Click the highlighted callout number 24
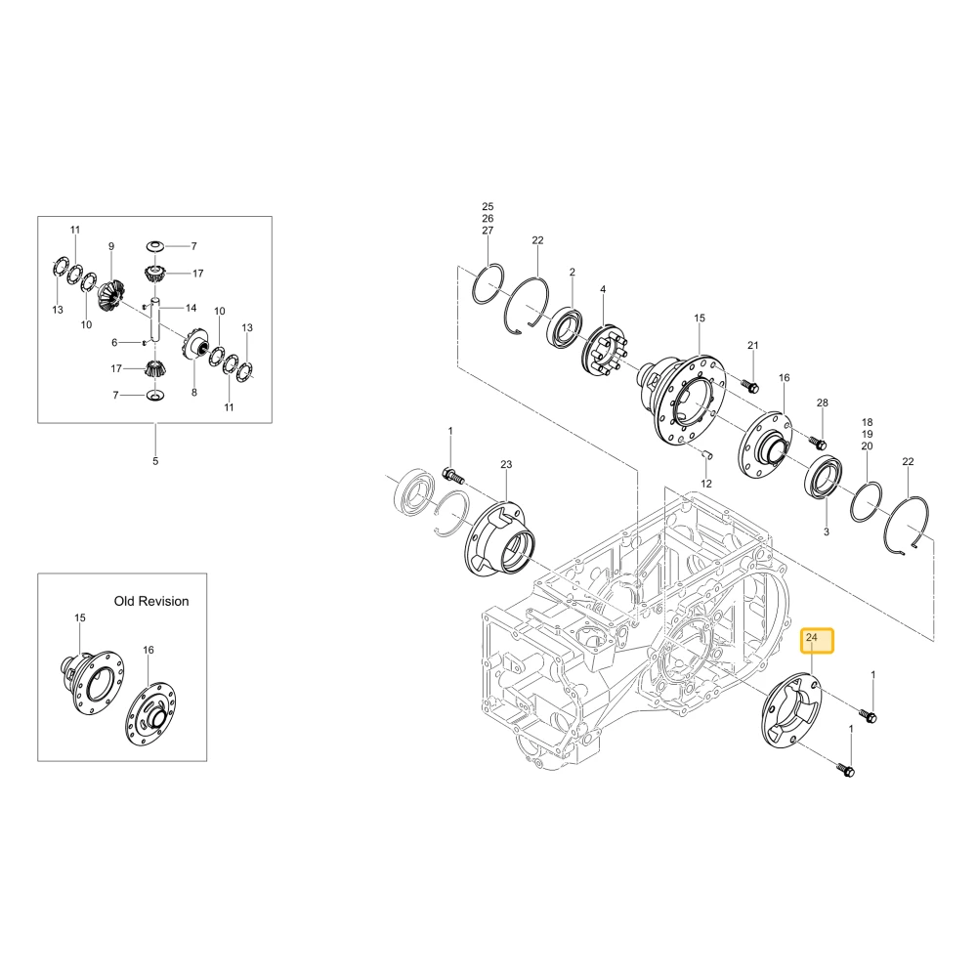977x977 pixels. [x=811, y=637]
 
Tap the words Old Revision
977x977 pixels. [x=151, y=601]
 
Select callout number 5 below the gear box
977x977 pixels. [x=155, y=461]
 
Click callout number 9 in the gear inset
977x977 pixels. [x=111, y=246]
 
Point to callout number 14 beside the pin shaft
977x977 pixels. [x=191, y=308]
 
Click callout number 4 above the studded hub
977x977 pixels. [x=603, y=290]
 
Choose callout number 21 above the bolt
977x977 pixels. [x=753, y=345]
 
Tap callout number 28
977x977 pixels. [x=823, y=403]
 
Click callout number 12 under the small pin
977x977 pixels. [x=706, y=484]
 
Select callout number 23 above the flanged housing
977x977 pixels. [x=506, y=464]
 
